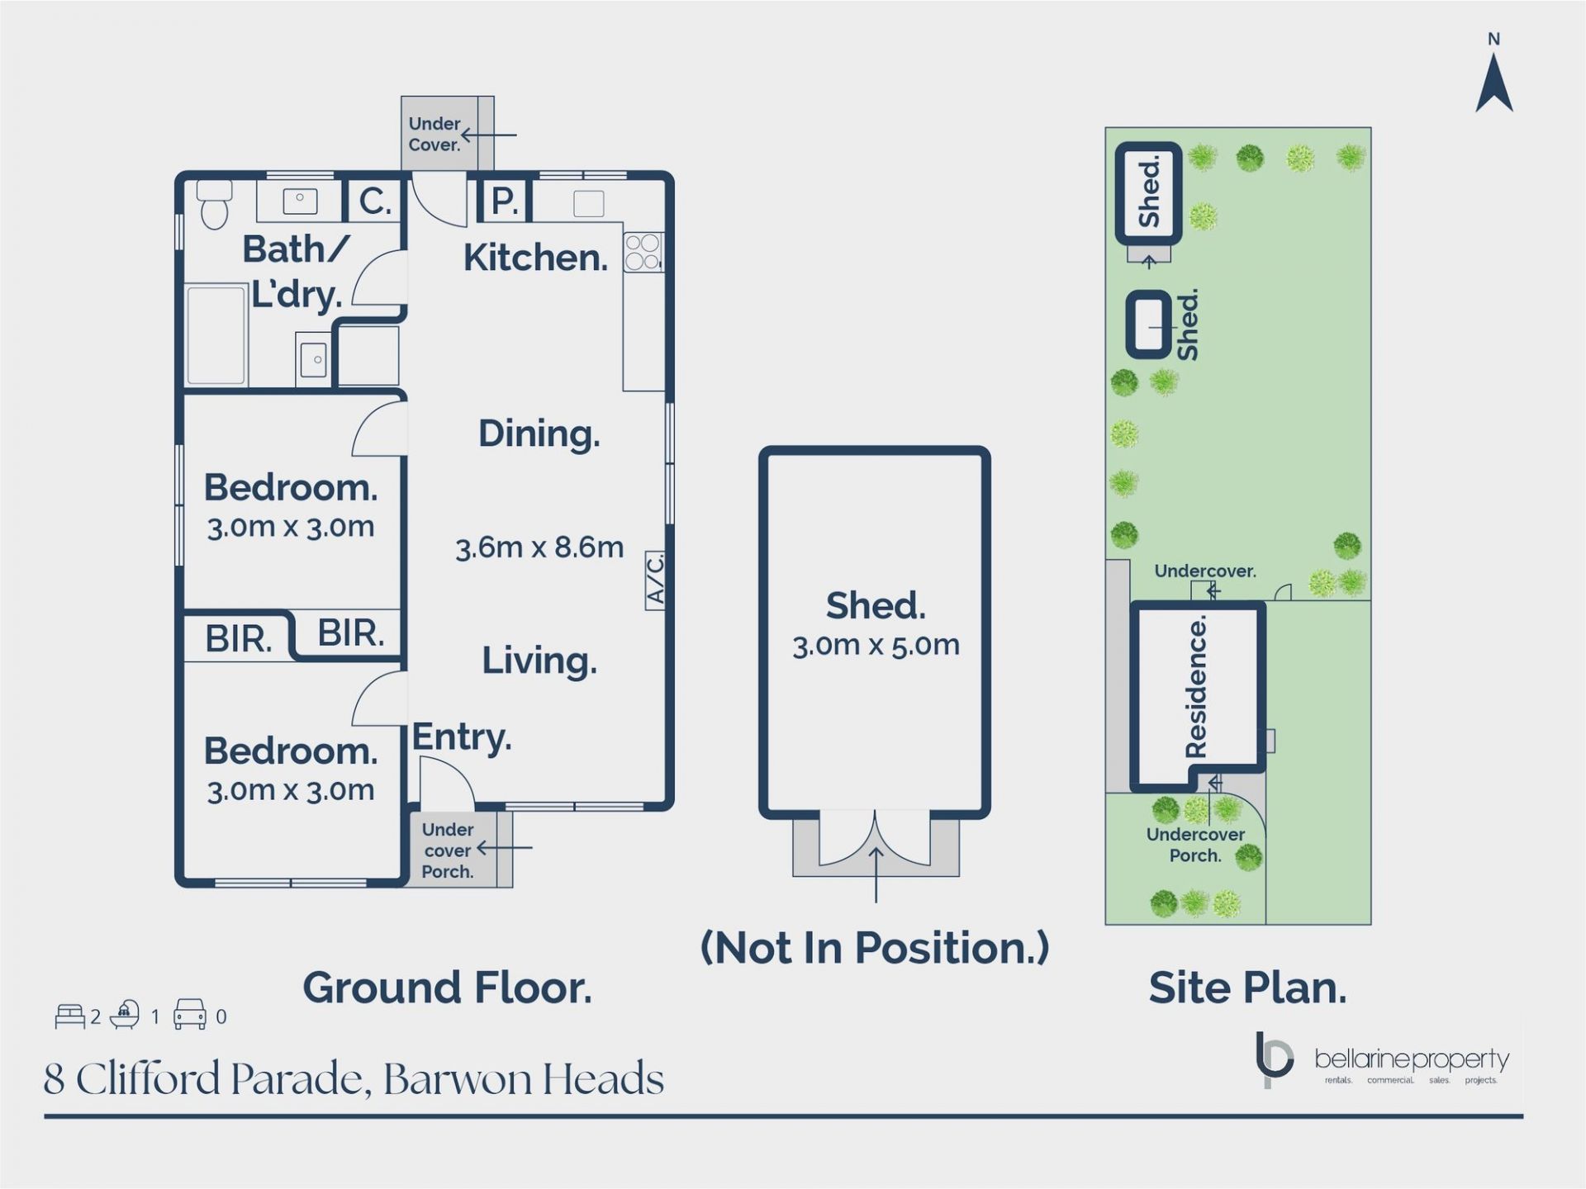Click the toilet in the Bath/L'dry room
[215, 205]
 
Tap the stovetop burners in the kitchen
[642, 253]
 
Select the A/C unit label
[655, 580]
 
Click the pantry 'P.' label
[504, 201]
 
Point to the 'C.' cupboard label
[374, 201]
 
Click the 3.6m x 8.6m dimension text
[539, 547]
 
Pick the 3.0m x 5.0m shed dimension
[876, 646]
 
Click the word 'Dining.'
[539, 434]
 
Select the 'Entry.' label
[462, 737]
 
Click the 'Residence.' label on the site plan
[1195, 687]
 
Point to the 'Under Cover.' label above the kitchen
[434, 134]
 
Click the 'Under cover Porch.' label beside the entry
[447, 850]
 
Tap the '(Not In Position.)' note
[874, 948]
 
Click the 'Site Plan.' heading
[1247, 988]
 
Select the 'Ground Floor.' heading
[447, 988]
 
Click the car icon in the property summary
[189, 1015]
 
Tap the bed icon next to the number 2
[70, 1016]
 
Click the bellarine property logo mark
[1273, 1059]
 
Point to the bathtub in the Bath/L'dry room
[216, 335]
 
